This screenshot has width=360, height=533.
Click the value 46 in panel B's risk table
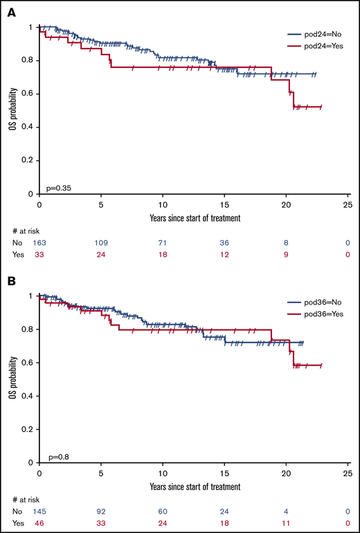(x=39, y=525)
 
